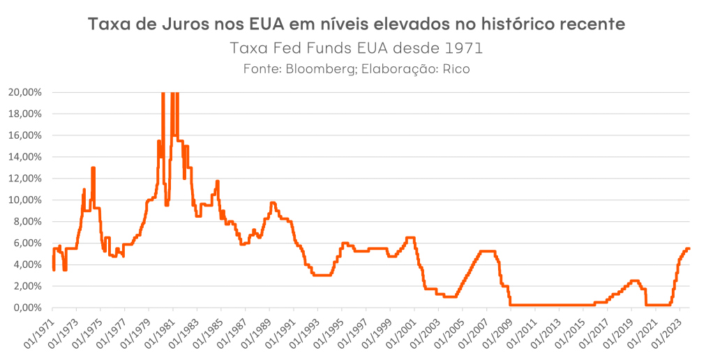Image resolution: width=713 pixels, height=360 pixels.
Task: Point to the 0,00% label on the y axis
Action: coord(30,308)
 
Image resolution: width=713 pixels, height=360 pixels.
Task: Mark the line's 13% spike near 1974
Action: coord(93,168)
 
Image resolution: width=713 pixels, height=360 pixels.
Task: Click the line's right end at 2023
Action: coord(689,248)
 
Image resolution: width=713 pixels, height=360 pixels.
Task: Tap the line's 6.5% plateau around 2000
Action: coord(411,238)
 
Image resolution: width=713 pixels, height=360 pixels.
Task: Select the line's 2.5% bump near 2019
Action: coord(634,280)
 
